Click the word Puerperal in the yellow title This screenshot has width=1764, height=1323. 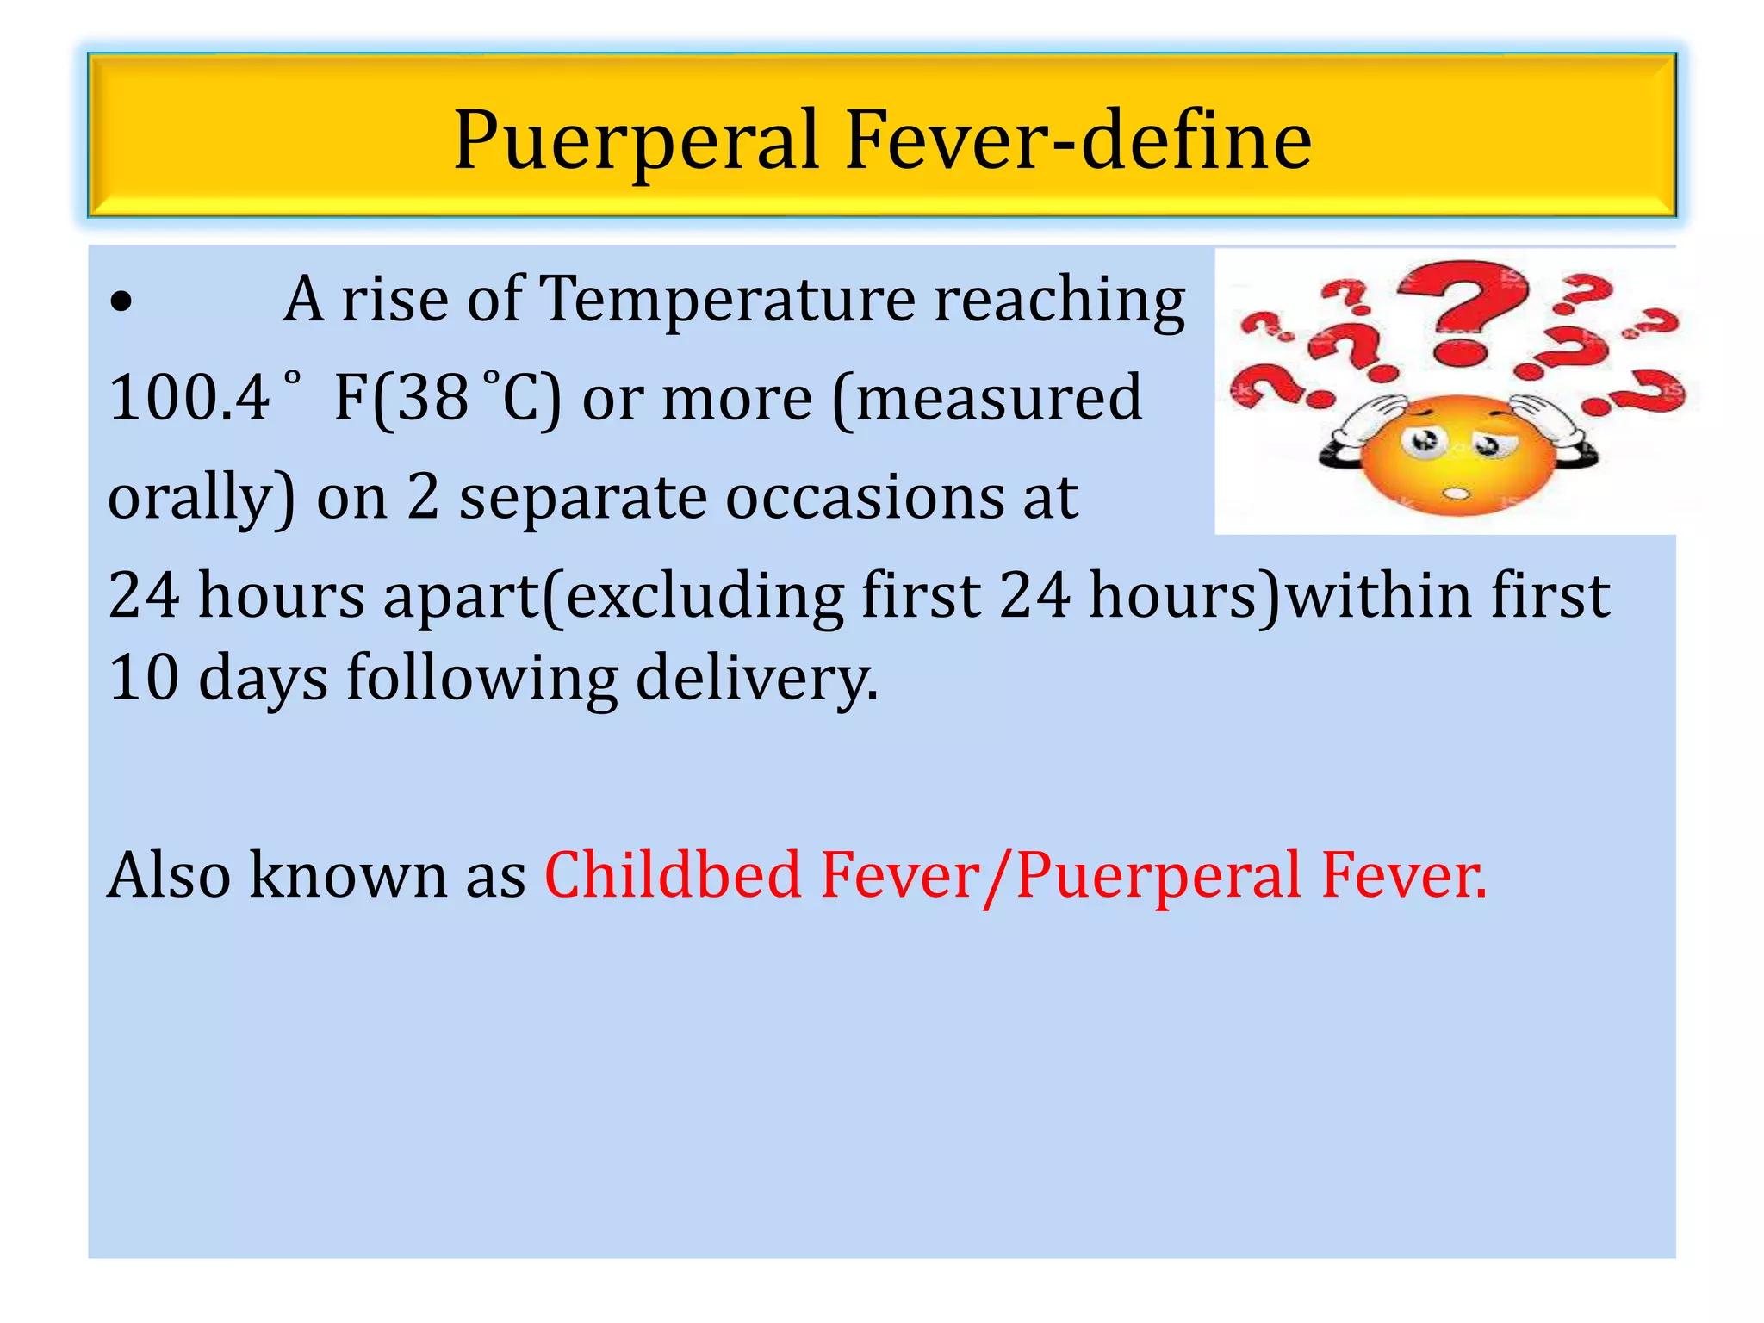[x=636, y=140]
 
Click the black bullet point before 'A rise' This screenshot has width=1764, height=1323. [x=121, y=302]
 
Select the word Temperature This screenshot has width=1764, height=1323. [x=727, y=299]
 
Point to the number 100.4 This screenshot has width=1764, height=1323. [x=189, y=398]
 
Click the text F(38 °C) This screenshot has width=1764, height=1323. [x=447, y=398]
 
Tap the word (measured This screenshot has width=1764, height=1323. [x=986, y=398]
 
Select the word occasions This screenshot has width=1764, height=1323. [x=865, y=498]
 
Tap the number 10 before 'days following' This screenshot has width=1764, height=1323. [x=143, y=678]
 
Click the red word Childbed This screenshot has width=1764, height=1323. [x=673, y=876]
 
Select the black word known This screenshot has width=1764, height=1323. [x=348, y=876]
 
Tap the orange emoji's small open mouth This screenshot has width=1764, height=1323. [x=1456, y=494]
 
